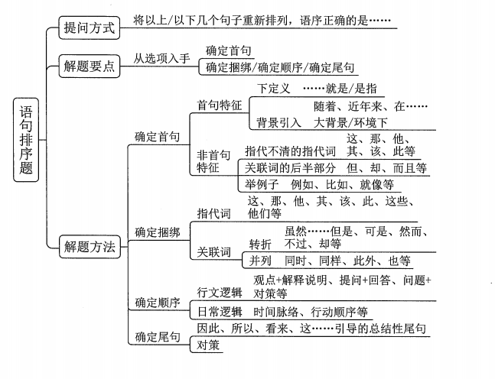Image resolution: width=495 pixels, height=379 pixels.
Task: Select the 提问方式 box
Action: point(90,28)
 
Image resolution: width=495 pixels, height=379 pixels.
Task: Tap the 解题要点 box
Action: point(90,66)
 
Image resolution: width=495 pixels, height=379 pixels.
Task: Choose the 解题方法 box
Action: point(90,246)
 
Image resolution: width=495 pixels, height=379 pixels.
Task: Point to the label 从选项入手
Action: point(162,59)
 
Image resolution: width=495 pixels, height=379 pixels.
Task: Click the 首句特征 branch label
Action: point(220,105)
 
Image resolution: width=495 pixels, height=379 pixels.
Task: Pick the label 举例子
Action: point(257,184)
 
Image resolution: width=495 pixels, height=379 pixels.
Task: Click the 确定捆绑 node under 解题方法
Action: point(158,231)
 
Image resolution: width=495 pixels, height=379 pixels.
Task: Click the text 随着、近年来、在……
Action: point(370,105)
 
